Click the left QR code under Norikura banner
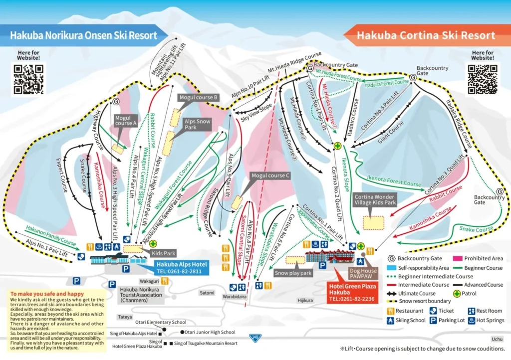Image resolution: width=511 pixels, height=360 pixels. pyautogui.click(x=28, y=79)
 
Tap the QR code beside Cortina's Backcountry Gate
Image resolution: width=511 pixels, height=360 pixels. pyautogui.click(x=482, y=79)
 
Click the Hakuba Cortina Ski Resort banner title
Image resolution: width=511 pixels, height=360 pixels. pyautogui.click(x=426, y=35)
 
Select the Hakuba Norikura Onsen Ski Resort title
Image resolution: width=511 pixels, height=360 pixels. pyautogui.click(x=83, y=35)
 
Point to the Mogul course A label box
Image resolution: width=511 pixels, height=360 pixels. pyautogui.click(x=126, y=120)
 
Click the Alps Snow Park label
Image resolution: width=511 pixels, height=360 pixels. pyautogui.click(x=198, y=124)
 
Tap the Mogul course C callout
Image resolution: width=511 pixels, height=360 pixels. pyautogui.click(x=270, y=176)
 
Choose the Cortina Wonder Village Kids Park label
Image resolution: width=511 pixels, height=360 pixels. pyautogui.click(x=374, y=200)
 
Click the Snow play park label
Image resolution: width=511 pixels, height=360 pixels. pyautogui.click(x=293, y=273)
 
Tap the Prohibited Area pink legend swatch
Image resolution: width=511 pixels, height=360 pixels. pyautogui.click(x=457, y=258)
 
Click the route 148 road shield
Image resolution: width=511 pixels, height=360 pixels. pyautogui.click(x=255, y=338)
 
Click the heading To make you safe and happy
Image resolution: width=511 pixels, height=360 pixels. pyautogui.click(x=47, y=294)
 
